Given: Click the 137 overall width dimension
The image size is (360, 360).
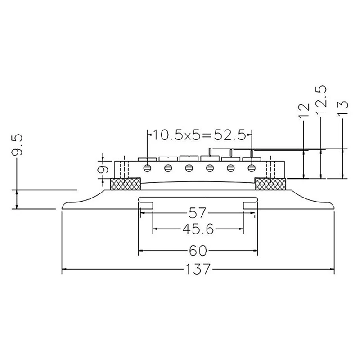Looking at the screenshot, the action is [x=198, y=269].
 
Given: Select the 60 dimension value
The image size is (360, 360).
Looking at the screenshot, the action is [x=198, y=251].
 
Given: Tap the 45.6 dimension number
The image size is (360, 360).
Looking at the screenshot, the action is [x=198, y=229].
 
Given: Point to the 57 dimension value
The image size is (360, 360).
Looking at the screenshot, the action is [x=197, y=213].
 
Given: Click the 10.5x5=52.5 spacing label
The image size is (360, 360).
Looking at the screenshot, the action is [x=199, y=135].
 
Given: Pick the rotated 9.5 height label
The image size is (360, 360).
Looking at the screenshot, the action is [x=18, y=145].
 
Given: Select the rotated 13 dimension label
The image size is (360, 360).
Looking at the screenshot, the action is [x=343, y=108].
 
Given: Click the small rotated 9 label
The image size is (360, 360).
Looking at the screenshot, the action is [x=103, y=170].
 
